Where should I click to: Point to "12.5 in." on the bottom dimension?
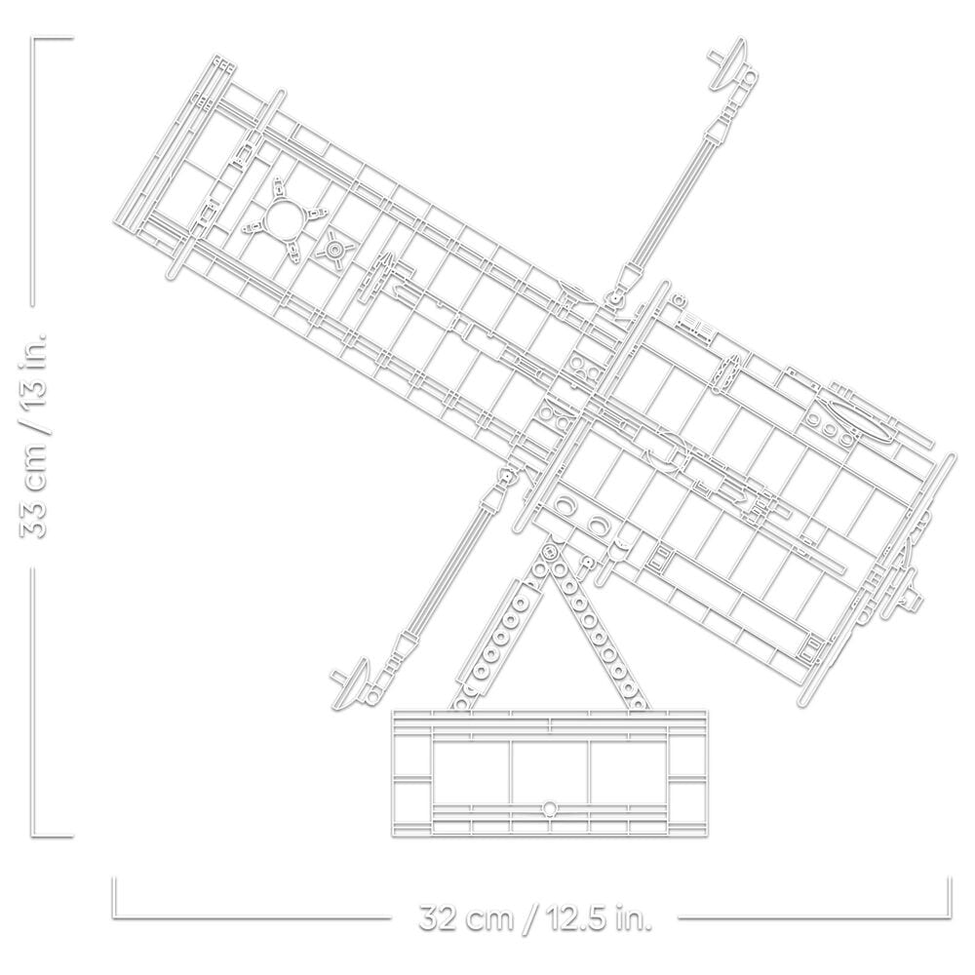[x=599, y=917]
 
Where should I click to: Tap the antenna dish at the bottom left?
[x=355, y=685]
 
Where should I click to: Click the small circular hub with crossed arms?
[x=335, y=250]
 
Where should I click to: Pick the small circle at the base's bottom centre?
[x=550, y=807]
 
